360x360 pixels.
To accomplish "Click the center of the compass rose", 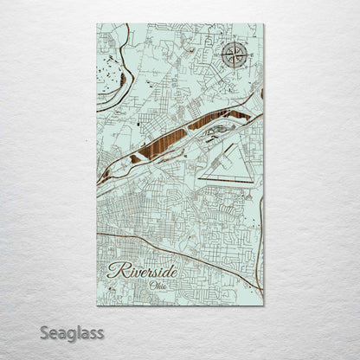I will [x=234, y=55].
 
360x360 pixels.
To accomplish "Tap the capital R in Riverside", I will [x=116, y=271].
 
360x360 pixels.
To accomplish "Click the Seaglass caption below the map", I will [x=75, y=332].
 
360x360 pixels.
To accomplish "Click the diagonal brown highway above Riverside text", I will [x=173, y=250].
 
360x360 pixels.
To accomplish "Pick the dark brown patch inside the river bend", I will [x=123, y=80].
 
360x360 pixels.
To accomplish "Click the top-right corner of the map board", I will [x=263, y=24].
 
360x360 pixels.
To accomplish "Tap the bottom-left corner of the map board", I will [x=97, y=305].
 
